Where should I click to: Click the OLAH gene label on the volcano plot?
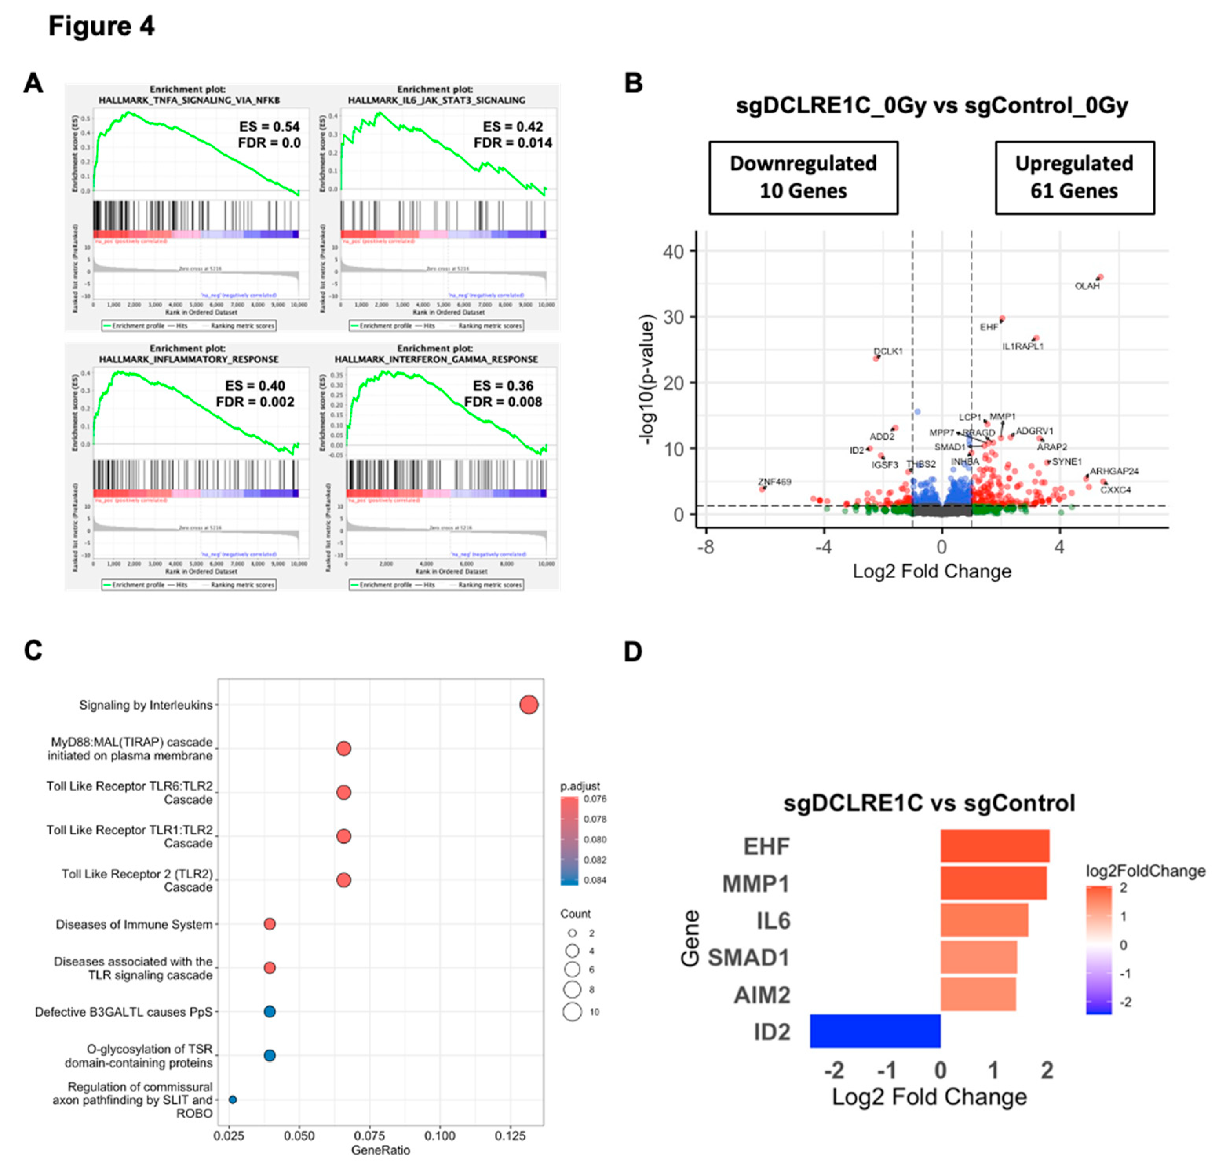click(1087, 286)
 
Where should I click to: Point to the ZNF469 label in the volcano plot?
click(774, 481)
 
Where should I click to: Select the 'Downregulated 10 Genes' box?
click(803, 177)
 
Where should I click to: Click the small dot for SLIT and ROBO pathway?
click(233, 1099)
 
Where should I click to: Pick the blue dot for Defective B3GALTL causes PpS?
click(270, 1012)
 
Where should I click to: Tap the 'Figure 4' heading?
click(101, 26)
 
